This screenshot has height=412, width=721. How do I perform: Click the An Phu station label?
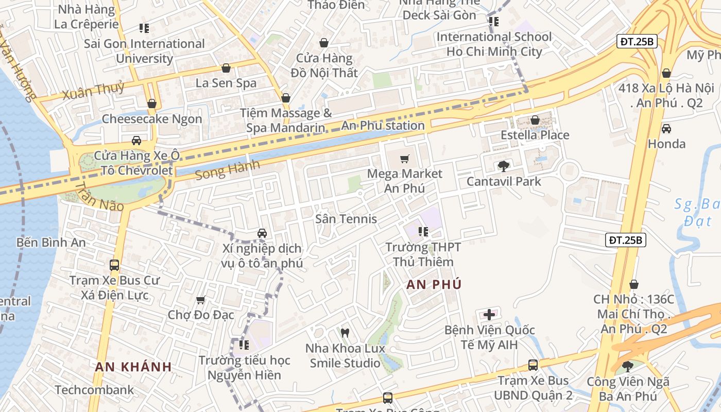[x=383, y=126]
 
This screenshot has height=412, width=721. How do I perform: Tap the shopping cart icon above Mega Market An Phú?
[x=405, y=159]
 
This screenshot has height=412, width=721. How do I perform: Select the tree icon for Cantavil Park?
[x=503, y=166]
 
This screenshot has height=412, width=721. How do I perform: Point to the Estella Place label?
[x=535, y=135]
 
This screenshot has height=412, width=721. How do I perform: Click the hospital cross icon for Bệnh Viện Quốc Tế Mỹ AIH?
[x=489, y=314]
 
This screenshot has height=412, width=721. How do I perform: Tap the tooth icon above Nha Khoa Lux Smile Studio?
[x=345, y=333]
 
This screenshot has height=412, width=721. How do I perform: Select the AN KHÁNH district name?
[x=133, y=367]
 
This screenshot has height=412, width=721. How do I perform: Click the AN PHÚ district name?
[x=434, y=284]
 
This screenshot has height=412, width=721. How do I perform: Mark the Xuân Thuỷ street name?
[x=93, y=91]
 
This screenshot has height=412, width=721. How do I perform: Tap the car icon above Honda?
[x=666, y=129]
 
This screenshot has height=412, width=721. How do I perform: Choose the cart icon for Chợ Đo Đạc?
[x=201, y=300]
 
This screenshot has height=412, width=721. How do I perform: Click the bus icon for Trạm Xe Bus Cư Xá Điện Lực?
[x=114, y=265]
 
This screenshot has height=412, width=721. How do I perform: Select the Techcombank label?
[x=94, y=390]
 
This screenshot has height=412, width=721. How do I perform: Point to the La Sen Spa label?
[x=226, y=82]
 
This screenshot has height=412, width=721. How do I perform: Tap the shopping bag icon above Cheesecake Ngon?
[x=151, y=104]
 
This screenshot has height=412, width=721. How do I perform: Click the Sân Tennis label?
[x=346, y=219]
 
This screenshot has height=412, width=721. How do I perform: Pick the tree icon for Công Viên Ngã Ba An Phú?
[x=628, y=366]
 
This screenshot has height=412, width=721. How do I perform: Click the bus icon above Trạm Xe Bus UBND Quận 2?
[x=533, y=365]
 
